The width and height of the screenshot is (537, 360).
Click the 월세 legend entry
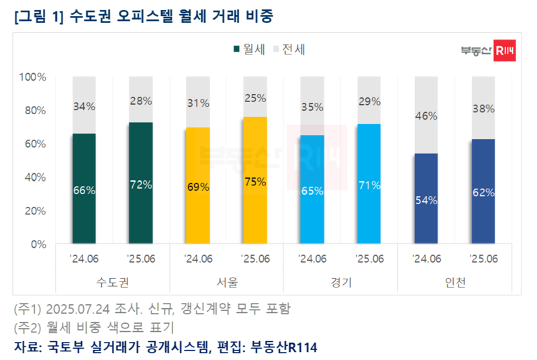tap(249, 49)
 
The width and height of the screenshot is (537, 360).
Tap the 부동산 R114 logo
tap(489, 50)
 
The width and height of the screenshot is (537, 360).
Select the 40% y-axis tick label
tap(35, 177)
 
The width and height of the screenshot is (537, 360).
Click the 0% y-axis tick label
tap(38, 244)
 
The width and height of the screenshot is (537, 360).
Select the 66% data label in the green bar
tap(85, 190)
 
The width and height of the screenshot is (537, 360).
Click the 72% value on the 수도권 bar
tap(141, 185)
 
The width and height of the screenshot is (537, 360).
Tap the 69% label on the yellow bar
tap(198, 187)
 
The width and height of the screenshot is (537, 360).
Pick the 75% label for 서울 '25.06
tap(255, 181)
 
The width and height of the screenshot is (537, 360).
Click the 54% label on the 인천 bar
tap(426, 199)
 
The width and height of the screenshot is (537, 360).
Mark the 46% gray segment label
tap(426, 116)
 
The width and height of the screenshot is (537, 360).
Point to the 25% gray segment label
tap(255, 99)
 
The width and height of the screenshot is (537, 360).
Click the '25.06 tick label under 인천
tap(483, 259)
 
